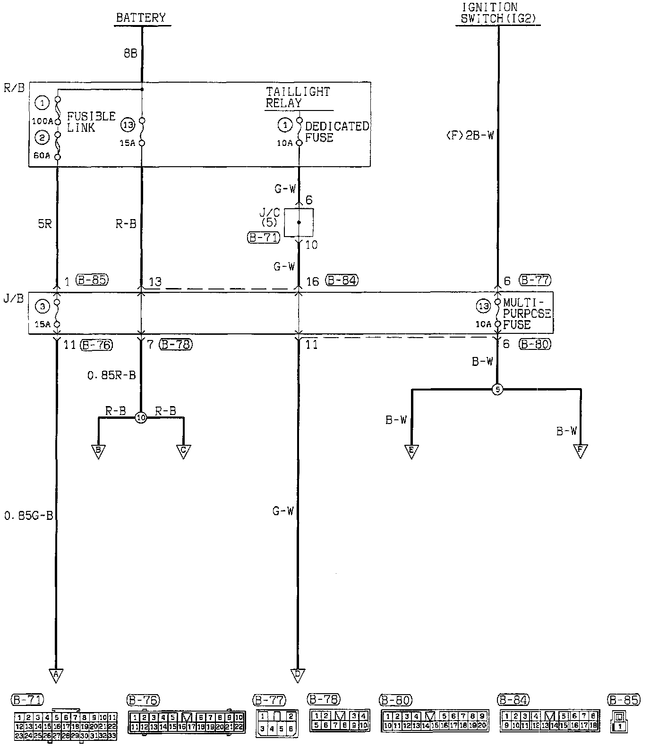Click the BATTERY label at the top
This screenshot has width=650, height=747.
(141, 18)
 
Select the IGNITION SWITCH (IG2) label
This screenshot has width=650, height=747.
(498, 13)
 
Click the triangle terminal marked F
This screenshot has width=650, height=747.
(580, 450)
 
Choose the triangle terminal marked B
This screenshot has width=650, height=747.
(98, 451)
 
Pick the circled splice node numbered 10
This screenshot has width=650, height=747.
(141, 417)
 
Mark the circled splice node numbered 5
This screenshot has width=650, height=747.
(497, 390)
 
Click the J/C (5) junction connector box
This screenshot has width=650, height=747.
(299, 222)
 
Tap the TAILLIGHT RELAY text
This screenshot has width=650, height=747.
(298, 97)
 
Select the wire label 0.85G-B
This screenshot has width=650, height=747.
(28, 515)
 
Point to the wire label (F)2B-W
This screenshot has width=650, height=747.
(470, 136)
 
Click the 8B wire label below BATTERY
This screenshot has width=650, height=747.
(130, 53)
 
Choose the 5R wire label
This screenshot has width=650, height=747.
(44, 223)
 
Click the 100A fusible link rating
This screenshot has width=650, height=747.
(42, 121)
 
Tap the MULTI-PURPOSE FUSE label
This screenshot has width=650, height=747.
(526, 313)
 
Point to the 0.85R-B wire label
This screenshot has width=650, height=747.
(111, 375)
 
